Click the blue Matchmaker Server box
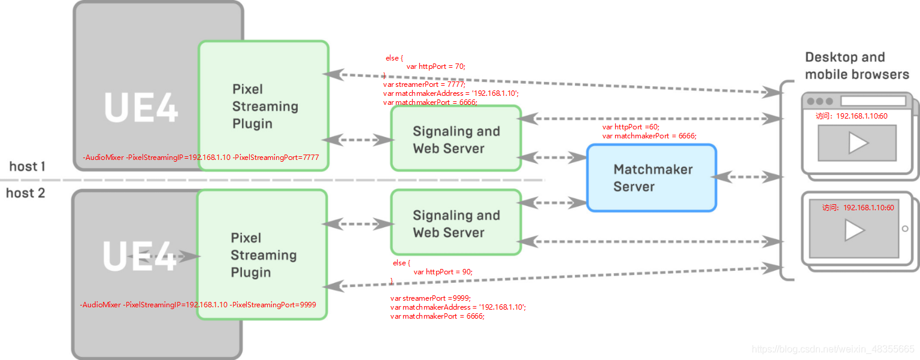click(x=652, y=178)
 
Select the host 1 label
click(x=27, y=167)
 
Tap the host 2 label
click(x=26, y=193)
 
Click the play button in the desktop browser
click(x=858, y=143)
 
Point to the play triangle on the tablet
click(x=855, y=230)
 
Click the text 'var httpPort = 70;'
click(x=436, y=66)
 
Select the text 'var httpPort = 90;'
click(x=443, y=272)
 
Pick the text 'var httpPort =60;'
click(x=631, y=127)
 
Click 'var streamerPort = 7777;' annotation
click(x=424, y=84)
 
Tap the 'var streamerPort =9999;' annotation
click(x=431, y=298)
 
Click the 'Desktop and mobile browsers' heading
click(x=857, y=66)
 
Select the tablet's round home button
click(x=905, y=229)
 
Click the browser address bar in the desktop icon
click(x=873, y=101)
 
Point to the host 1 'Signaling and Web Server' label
click(x=456, y=140)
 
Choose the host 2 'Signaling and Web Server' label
click(x=456, y=224)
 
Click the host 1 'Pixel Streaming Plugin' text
click(x=265, y=107)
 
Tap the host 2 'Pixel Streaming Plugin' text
click(x=264, y=255)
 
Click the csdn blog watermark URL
click(x=833, y=349)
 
